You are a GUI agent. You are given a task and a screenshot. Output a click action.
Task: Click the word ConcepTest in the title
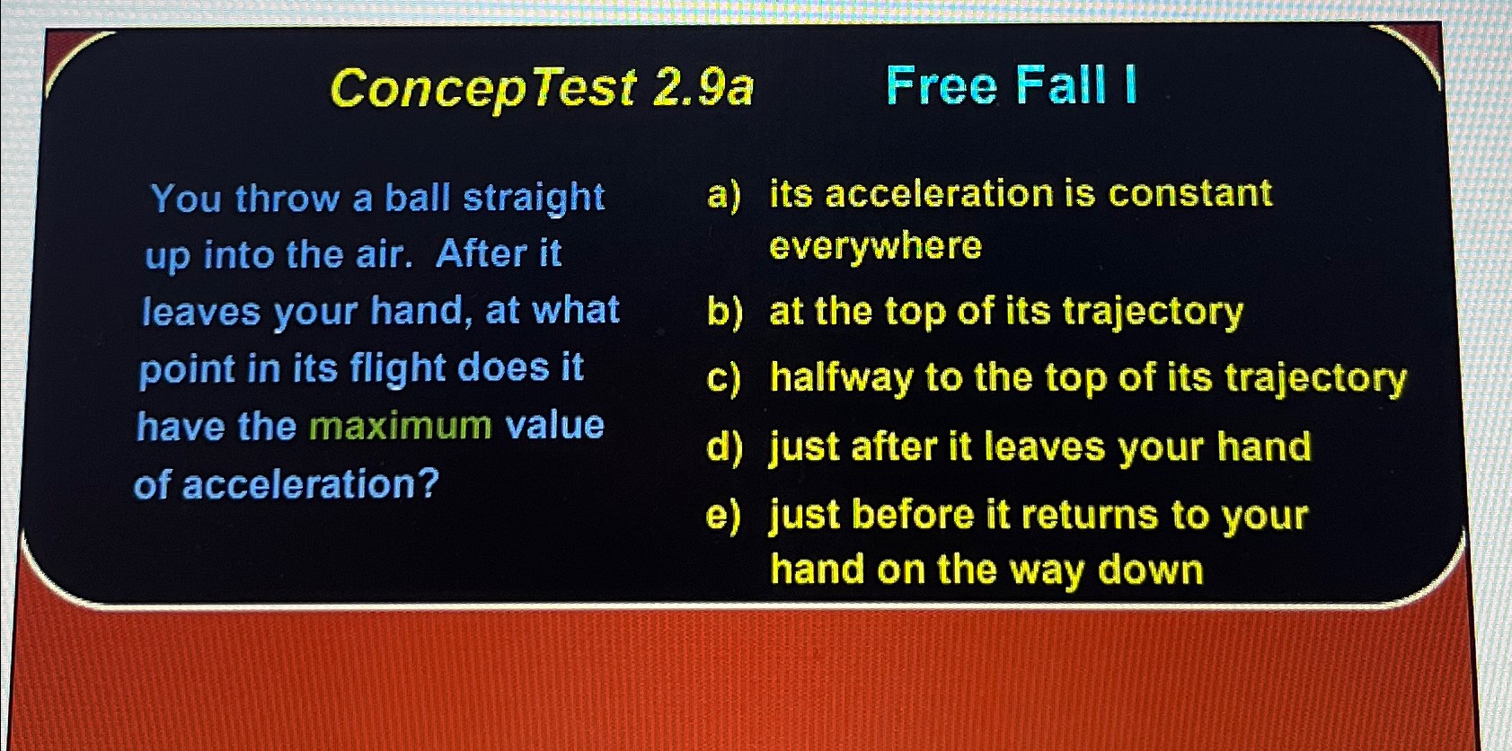coord(483,90)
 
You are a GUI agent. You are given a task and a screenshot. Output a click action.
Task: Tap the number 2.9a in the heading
coord(702,88)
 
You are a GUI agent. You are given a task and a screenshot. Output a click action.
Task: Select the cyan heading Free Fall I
coord(1012,85)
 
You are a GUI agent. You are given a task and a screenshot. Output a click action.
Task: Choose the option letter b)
coord(724,312)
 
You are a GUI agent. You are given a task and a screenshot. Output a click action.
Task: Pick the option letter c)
coord(723,378)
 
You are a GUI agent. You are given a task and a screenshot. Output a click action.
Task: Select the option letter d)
coord(724,447)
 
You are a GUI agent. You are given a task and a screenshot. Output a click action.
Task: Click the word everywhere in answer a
coord(875,247)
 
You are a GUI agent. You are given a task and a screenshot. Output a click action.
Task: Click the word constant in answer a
coord(1190,193)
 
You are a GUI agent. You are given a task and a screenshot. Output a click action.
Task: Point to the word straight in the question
coord(534,199)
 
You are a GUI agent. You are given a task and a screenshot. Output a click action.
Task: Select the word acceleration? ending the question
coord(311,484)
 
